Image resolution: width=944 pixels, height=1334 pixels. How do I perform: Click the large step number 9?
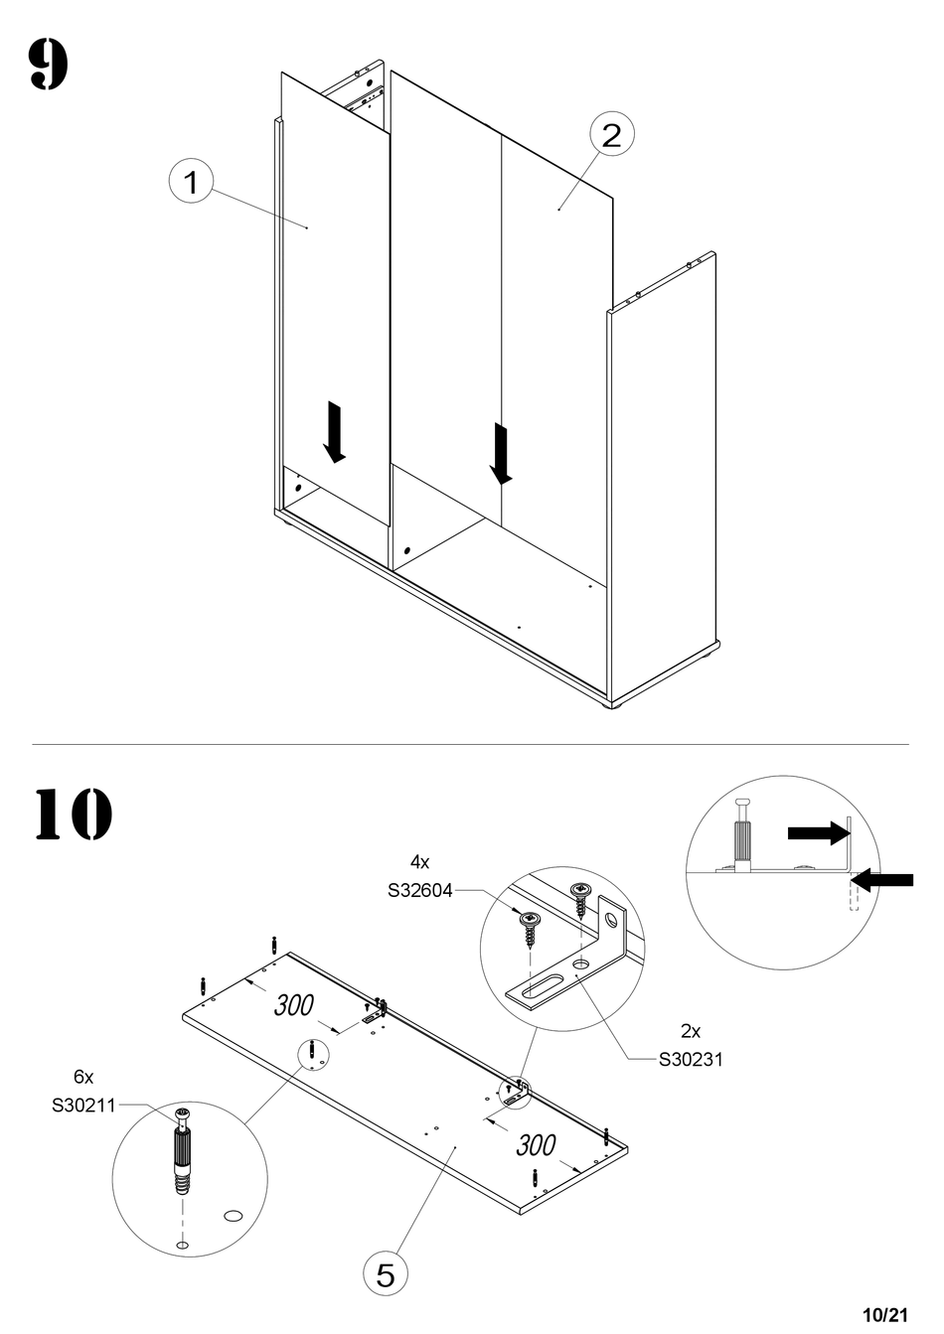click(x=49, y=65)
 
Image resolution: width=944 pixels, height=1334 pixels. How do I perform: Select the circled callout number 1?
click(x=191, y=181)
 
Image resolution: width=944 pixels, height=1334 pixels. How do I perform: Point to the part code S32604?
click(x=420, y=890)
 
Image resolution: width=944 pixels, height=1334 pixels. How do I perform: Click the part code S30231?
click(x=691, y=1060)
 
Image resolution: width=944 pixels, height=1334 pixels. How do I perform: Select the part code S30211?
click(x=83, y=1106)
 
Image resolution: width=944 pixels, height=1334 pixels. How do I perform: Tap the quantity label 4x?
click(x=420, y=861)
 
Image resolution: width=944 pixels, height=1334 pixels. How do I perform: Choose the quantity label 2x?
click(x=691, y=1030)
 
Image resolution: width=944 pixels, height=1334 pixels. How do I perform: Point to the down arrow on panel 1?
click(x=334, y=432)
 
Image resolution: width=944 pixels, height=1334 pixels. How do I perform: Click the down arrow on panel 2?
click(x=501, y=454)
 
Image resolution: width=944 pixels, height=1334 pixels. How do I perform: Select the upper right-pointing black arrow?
click(x=818, y=832)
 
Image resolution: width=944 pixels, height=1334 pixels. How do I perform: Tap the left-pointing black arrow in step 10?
click(x=882, y=880)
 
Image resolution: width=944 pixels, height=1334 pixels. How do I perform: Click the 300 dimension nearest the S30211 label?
click(x=293, y=1005)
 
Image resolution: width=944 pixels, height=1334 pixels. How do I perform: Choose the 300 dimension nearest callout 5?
click(x=536, y=1145)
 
